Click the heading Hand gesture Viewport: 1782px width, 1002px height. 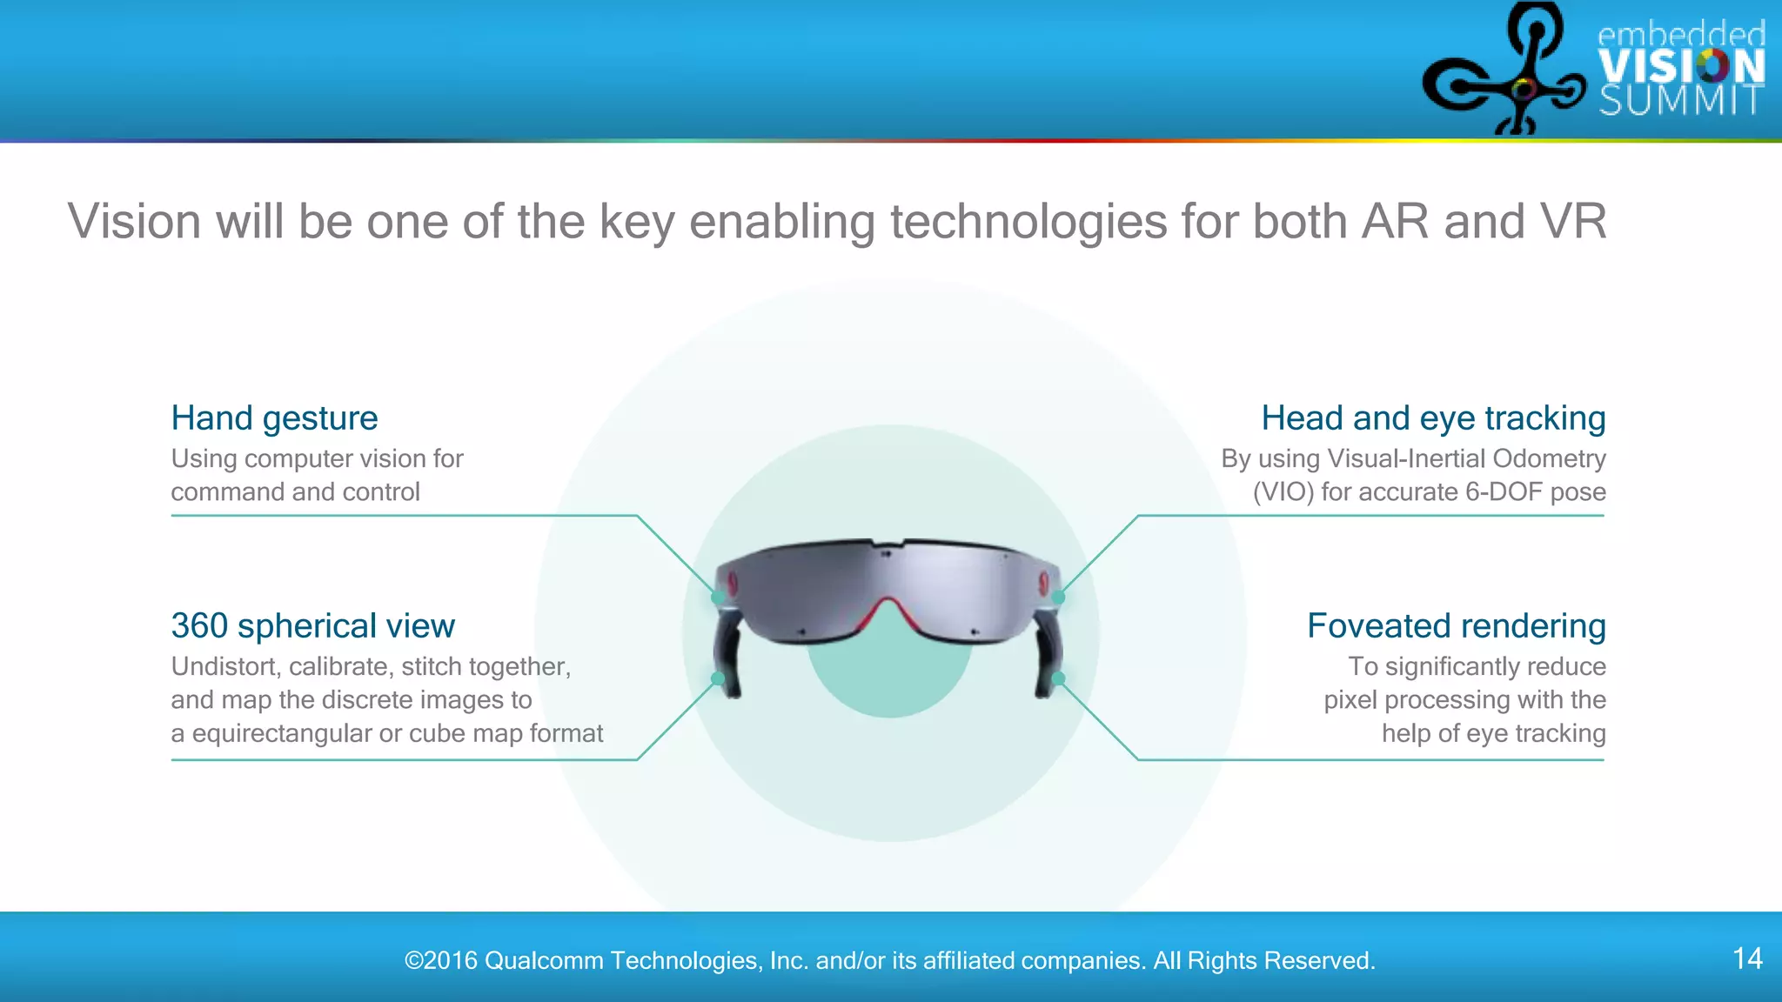(x=274, y=418)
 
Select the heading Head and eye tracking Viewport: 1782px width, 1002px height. (x=1433, y=418)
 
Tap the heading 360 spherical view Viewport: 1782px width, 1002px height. (x=312, y=626)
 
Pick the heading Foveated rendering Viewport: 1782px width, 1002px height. (x=1456, y=626)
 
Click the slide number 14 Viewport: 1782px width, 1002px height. (x=1747, y=959)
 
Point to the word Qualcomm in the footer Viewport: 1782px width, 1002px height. (x=543, y=960)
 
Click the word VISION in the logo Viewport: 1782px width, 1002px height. (x=1681, y=67)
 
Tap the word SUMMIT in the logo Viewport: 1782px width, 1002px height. (x=1681, y=101)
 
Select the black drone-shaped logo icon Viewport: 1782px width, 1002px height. (x=1504, y=74)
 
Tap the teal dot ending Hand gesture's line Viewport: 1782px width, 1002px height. (x=718, y=598)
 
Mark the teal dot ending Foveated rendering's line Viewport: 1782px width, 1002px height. (x=1058, y=678)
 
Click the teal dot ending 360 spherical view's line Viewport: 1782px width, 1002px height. (x=718, y=678)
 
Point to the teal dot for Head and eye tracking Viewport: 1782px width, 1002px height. (x=1058, y=598)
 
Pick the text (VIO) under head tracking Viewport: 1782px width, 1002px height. (x=1283, y=492)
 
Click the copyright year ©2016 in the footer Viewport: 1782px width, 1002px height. (x=441, y=960)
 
